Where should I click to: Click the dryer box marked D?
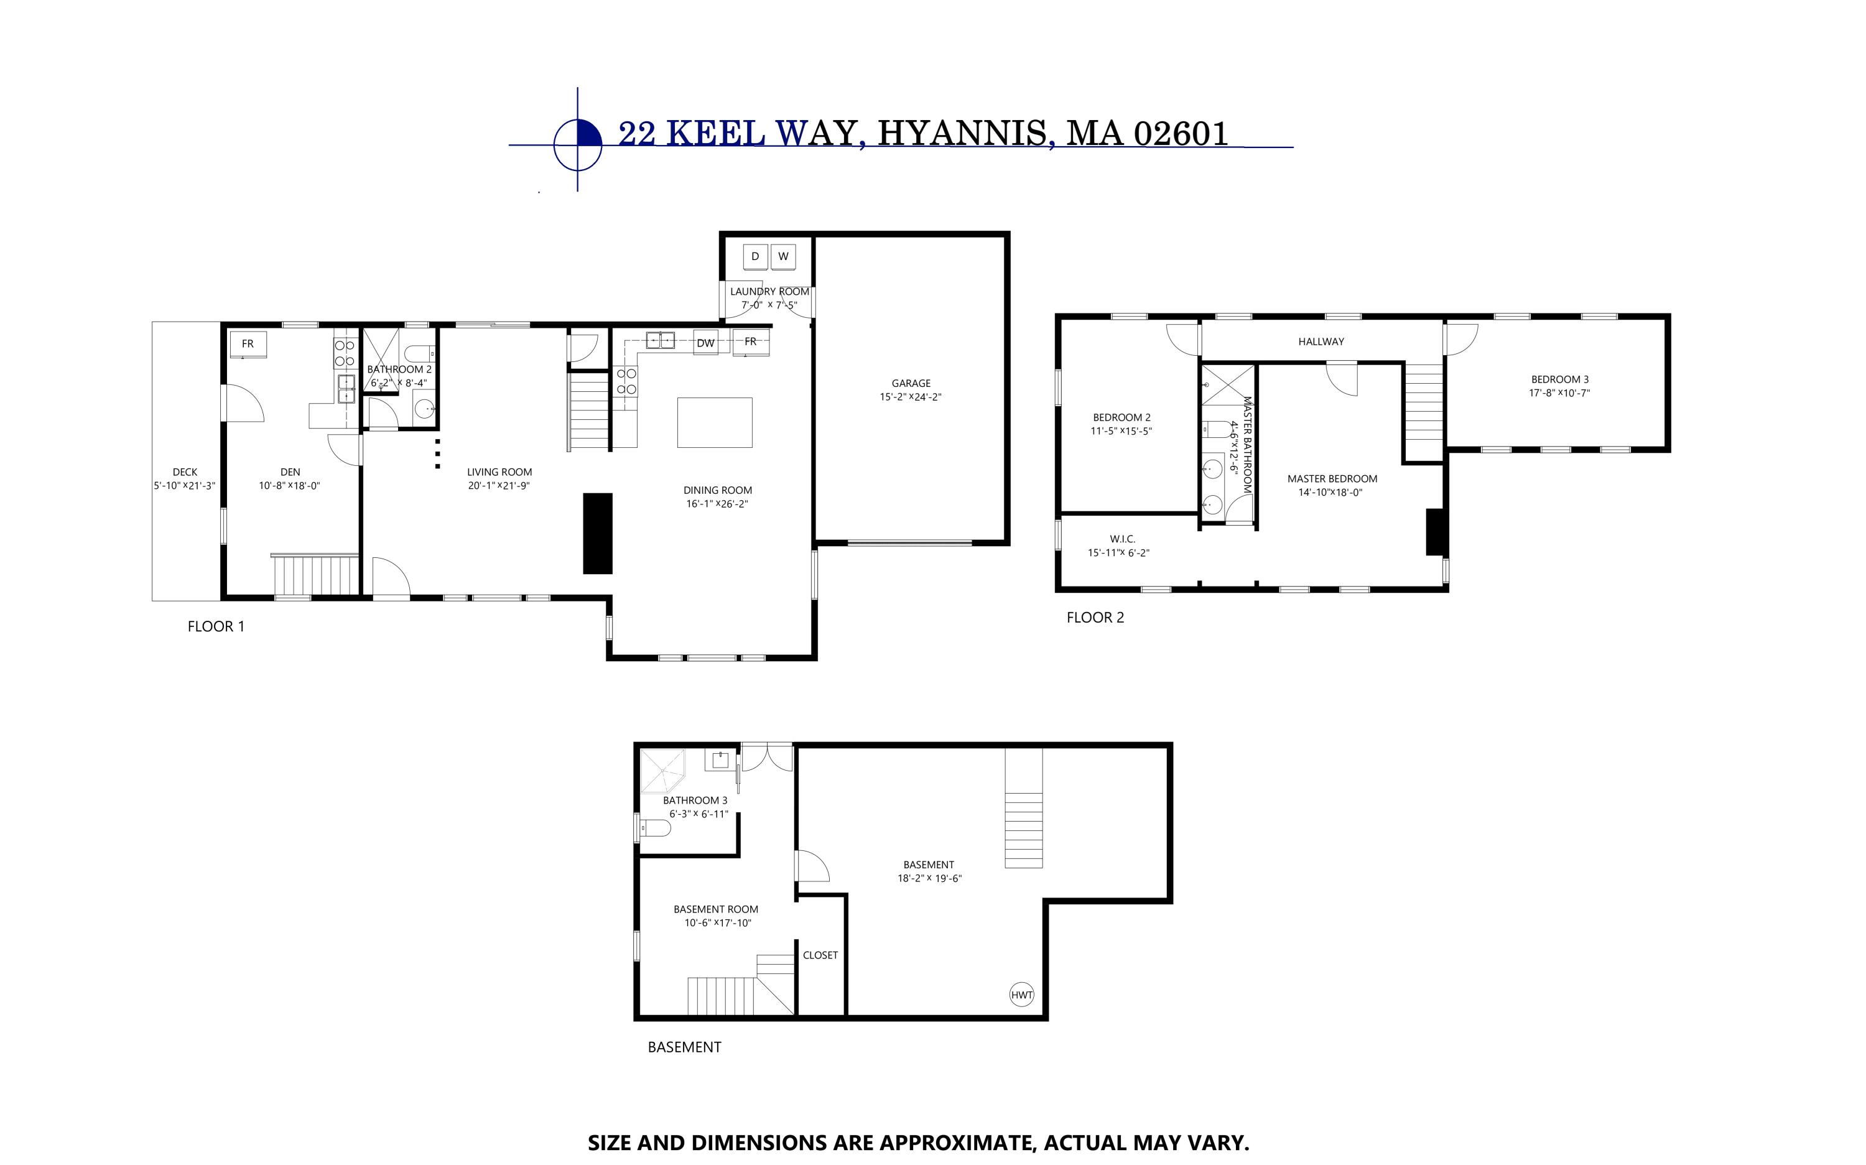(755, 257)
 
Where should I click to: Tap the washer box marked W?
(782, 257)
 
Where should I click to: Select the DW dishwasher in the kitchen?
(705, 343)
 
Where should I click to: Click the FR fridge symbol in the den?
(248, 345)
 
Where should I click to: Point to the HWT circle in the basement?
(1021, 995)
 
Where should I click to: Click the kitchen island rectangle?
(714, 422)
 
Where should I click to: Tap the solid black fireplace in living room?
(597, 533)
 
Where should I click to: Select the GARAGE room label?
(911, 383)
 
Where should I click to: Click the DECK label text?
(185, 471)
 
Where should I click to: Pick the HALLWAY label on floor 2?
(1321, 341)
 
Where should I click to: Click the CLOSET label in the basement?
(820, 955)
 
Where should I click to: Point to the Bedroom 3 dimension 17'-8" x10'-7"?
(1559, 393)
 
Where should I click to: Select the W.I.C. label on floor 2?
(1121, 539)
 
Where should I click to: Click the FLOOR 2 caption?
(1095, 617)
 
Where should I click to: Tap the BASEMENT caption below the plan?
(684, 1047)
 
